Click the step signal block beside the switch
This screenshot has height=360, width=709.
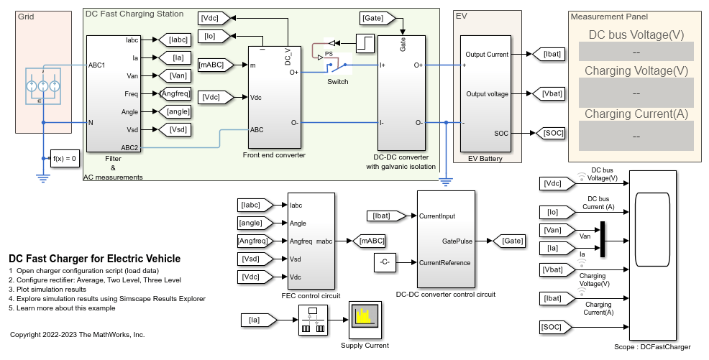coord(365,43)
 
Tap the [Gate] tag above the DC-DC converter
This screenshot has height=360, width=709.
coord(378,18)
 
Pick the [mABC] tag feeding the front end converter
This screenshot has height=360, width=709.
coord(216,65)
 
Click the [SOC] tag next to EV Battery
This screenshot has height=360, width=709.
coord(550,133)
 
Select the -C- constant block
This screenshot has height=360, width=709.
coord(385,262)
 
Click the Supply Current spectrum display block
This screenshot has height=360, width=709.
coord(365,320)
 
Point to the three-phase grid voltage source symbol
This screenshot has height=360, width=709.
coord(43,86)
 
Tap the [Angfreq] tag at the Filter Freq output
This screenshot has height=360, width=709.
coord(175,94)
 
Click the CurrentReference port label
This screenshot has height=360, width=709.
coord(444,263)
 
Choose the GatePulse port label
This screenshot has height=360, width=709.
coord(457,241)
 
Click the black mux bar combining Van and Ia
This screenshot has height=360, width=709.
coord(603,239)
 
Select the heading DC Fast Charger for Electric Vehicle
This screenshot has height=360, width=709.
coord(94,259)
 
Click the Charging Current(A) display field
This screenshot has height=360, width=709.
coord(636,136)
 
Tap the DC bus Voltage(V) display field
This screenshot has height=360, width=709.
coord(636,52)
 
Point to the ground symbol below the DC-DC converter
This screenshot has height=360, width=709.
coord(446,182)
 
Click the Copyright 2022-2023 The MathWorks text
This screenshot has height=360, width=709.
coord(78,335)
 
